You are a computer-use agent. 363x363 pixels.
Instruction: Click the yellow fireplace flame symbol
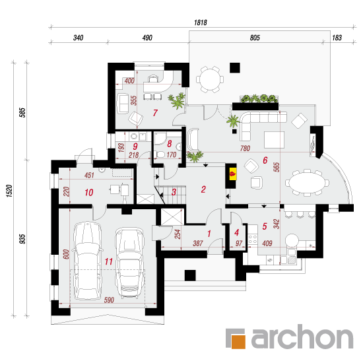pos(233,174)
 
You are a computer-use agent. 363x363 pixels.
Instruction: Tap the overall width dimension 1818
pos(201,22)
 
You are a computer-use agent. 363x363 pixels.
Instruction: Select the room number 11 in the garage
pos(109,261)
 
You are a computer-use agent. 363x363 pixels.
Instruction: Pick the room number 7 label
pos(155,113)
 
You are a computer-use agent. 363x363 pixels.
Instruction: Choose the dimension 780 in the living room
pos(245,148)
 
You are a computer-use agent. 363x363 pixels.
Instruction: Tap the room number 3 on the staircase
pos(174,191)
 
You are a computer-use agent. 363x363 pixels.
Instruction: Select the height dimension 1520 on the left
pos(9,191)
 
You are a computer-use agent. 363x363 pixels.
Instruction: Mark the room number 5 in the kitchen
pos(265,226)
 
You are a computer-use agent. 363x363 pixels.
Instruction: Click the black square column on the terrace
pos(235,68)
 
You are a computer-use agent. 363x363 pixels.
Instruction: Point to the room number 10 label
pos(89,192)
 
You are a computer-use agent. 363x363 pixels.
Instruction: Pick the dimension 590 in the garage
pos(109,300)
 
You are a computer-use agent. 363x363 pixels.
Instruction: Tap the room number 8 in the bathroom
pos(170,143)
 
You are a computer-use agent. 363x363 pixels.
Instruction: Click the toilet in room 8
pos(160,154)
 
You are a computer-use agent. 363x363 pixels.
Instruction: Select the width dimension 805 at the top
pos(255,38)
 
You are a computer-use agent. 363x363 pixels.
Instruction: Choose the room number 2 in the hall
pos(203,189)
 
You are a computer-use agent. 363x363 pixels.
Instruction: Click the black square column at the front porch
pos(190,275)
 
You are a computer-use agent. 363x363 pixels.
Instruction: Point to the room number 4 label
pos(236,232)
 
